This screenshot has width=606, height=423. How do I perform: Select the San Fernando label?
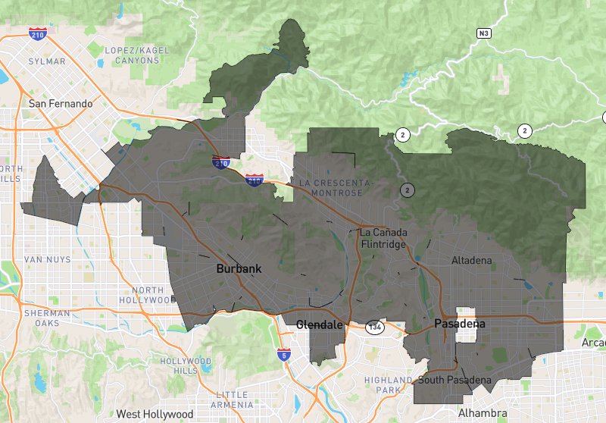tap(61, 103)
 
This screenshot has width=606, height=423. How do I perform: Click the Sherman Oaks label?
tap(47, 318)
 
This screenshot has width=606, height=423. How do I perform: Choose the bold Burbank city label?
tap(239, 268)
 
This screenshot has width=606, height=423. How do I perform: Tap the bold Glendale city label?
tap(320, 324)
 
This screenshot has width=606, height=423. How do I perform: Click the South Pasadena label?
tap(454, 380)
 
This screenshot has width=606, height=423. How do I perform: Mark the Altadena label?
tap(471, 261)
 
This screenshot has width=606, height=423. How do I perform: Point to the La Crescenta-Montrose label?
tap(335, 188)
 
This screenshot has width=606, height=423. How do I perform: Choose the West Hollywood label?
tap(155, 414)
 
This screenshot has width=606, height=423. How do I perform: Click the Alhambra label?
tap(483, 413)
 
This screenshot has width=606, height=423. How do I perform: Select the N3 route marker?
tap(484, 33)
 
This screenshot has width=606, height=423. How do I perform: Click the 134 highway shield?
tap(373, 327)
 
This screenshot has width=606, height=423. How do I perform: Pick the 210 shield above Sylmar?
tap(36, 34)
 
